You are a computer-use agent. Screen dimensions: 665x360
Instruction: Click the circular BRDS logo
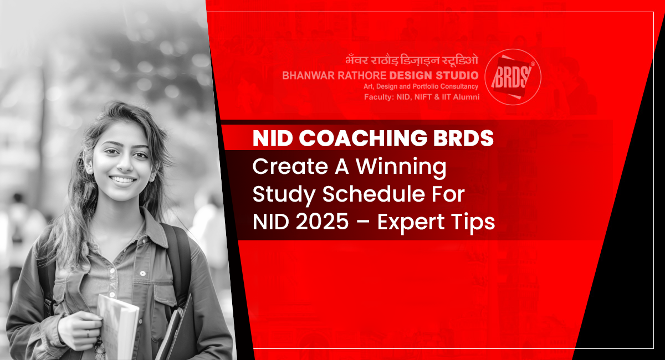coord(513,77)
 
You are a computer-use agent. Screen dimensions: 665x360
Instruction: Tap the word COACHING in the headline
coord(363,138)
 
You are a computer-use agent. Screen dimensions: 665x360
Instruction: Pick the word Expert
coord(411,223)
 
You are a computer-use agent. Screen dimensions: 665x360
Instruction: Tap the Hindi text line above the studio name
coord(412,60)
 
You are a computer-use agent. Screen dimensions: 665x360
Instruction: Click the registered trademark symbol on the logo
coord(533,64)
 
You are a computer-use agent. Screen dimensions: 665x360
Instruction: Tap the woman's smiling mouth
coord(123,179)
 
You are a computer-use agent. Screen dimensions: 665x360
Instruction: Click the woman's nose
coord(125,164)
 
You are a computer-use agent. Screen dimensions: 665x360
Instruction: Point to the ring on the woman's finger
coord(88,334)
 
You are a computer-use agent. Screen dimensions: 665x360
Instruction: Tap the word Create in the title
coord(290,167)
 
